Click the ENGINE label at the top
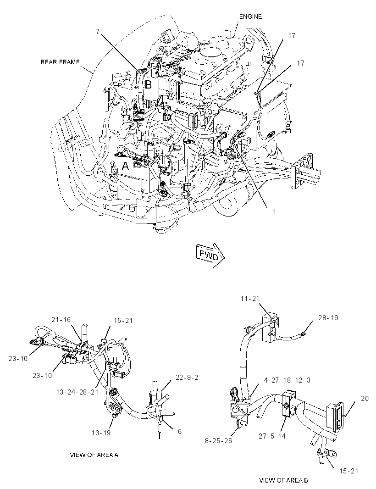click(x=250, y=17)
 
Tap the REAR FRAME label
click(x=60, y=62)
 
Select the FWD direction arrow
click(x=210, y=256)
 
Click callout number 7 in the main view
click(x=98, y=31)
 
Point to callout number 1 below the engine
click(x=274, y=212)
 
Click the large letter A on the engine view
click(x=125, y=166)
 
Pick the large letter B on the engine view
click(x=148, y=84)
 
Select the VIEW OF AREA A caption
click(x=94, y=455)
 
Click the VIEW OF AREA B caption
click(x=283, y=480)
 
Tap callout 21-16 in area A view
click(x=61, y=319)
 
